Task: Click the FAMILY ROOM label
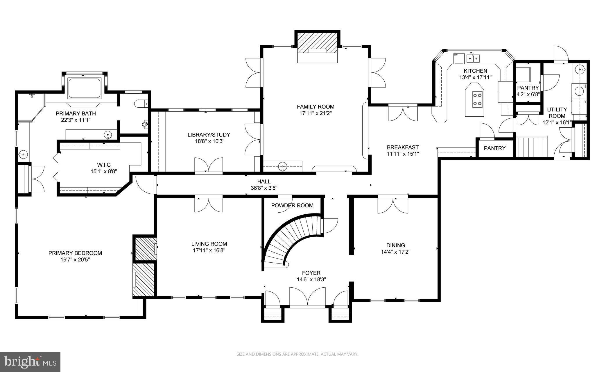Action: coord(316,107)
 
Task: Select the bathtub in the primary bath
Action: coord(84,88)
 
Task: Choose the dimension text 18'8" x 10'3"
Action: coord(209,141)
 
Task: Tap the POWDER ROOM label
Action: coord(292,206)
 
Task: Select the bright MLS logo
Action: coord(30,362)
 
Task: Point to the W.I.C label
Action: coord(104,165)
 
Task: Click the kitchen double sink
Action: coord(474,58)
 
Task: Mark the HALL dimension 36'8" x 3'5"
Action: coord(264,188)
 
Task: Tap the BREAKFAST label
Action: coord(403,147)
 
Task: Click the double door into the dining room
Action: coord(393,205)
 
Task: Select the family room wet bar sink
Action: coord(282,167)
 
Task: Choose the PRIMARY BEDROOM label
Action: coord(75,253)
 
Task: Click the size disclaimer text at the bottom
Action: coord(297,354)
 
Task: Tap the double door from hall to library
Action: coord(209,166)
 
